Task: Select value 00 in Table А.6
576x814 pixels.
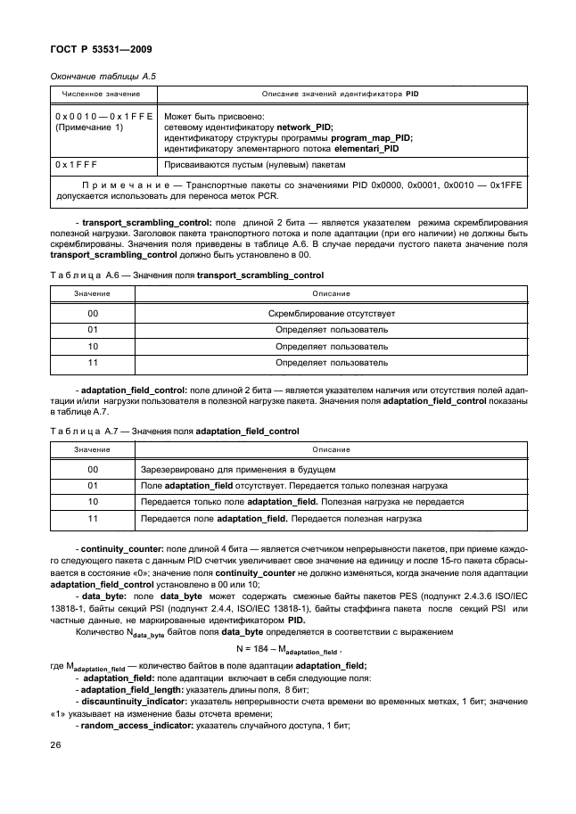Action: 93,314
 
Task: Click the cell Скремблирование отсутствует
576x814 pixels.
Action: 331,314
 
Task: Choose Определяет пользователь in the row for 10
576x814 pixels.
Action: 331,347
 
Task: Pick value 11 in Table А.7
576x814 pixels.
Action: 93,517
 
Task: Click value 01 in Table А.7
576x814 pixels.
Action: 93,485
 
